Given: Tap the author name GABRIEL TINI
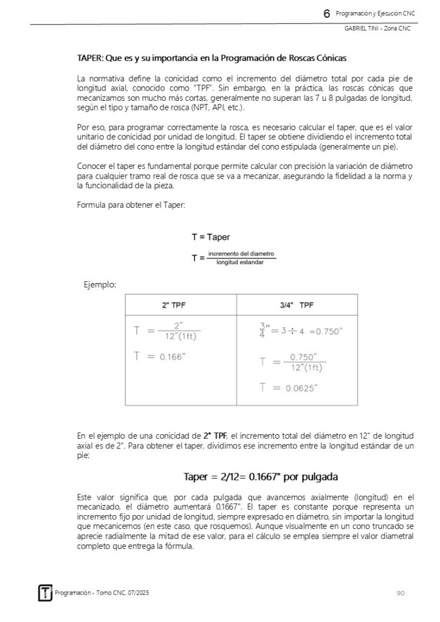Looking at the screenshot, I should point(360,30).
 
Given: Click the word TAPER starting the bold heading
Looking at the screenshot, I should point(89,59).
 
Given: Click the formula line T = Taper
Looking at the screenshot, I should point(211,237).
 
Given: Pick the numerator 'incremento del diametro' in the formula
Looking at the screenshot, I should point(241,253).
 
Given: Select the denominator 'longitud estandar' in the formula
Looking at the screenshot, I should point(241,262).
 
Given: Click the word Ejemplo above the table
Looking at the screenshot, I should point(100,284).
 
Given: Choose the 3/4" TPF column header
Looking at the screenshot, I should point(297,305).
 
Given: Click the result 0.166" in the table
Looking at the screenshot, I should point(173,357).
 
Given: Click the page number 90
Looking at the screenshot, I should point(400,592).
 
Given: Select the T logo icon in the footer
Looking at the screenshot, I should point(46,592).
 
